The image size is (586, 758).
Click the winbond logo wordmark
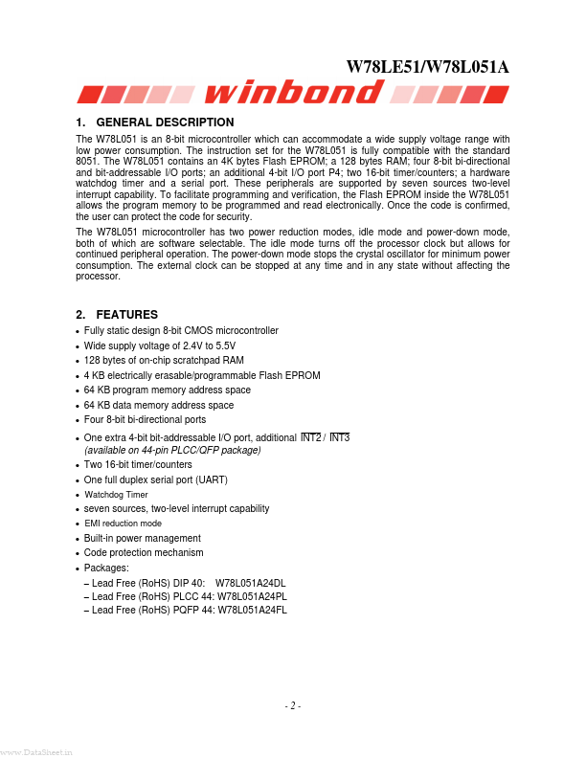coord(293,93)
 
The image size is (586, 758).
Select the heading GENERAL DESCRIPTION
coord(166,123)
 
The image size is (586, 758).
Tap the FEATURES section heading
coord(127,315)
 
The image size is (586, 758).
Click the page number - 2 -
coord(293,706)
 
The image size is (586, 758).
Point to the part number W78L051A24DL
coord(251,583)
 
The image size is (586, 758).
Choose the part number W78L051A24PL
coord(252,596)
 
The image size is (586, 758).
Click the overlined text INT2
coord(311,437)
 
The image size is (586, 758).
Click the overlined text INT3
coord(340,437)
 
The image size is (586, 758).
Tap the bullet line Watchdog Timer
coord(117,495)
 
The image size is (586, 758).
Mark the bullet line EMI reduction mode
coord(124,524)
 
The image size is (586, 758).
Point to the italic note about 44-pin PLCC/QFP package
coord(172,450)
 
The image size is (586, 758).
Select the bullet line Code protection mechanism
coord(144,552)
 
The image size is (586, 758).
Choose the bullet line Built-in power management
coord(143,538)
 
